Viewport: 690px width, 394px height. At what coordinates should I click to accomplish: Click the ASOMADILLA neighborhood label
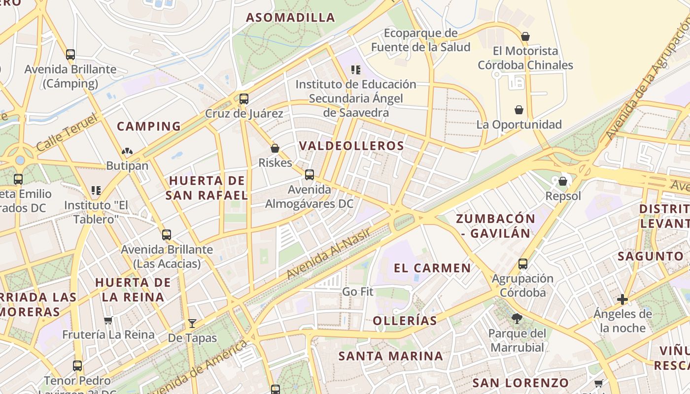(290, 18)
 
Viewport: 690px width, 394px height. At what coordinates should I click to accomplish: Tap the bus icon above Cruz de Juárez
(243, 99)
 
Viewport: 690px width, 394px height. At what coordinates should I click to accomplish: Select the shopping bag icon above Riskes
(275, 148)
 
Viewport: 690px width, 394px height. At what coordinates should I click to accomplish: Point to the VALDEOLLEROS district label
(351, 146)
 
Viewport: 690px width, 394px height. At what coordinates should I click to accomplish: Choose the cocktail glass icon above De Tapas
(192, 324)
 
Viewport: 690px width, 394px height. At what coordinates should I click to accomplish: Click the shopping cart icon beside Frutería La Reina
(108, 320)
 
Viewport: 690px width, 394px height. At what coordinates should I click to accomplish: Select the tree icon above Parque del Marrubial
(517, 319)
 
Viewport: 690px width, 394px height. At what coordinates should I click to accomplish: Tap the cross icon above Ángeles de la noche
(622, 299)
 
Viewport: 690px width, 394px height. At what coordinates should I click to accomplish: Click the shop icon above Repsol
(563, 181)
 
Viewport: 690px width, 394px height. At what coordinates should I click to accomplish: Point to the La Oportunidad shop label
(519, 125)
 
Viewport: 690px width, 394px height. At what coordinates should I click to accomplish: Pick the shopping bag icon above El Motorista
(525, 36)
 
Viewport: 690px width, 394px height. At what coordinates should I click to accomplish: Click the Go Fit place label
(358, 292)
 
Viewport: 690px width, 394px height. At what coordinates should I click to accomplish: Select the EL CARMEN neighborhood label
(432, 268)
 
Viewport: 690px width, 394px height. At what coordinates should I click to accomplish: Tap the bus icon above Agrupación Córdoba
(522, 264)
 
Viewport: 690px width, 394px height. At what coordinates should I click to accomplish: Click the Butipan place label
(127, 165)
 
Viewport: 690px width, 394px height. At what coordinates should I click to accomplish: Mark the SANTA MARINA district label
(391, 356)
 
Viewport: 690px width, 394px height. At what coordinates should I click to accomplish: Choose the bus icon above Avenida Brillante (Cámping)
(70, 55)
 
